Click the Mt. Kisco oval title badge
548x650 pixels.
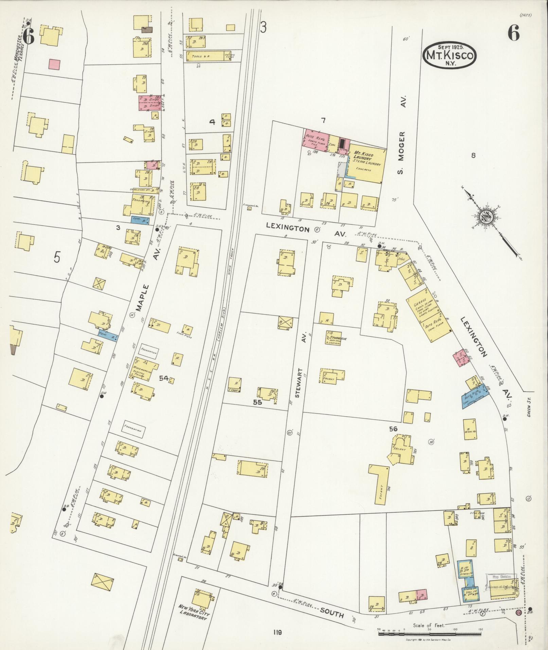449,56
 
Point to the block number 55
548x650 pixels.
258,402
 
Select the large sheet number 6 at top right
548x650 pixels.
514,33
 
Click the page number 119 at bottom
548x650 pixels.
277,632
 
